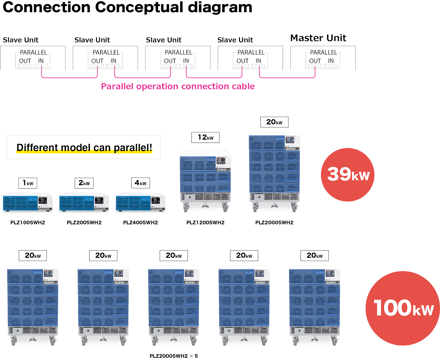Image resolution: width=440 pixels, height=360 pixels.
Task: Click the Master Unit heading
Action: (x=318, y=38)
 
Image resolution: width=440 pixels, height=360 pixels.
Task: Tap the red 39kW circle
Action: (x=347, y=174)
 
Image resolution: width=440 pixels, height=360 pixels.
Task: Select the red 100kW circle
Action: (x=402, y=308)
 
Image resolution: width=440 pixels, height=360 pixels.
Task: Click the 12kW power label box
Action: (x=205, y=137)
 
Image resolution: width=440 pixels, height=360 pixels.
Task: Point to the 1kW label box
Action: (x=28, y=183)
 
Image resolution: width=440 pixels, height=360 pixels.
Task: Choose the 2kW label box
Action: (x=84, y=183)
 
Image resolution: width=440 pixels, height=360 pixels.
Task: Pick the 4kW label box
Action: (x=141, y=183)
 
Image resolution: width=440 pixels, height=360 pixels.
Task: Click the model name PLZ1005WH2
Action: (x=28, y=222)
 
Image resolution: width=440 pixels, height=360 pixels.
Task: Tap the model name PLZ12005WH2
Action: (x=205, y=222)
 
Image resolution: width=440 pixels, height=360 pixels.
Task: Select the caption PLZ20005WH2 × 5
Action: (x=174, y=356)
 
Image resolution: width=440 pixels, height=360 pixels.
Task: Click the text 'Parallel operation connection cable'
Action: (x=178, y=86)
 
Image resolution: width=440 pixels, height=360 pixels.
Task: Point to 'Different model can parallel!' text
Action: (x=84, y=148)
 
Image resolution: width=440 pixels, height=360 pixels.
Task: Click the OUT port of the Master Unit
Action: (x=314, y=65)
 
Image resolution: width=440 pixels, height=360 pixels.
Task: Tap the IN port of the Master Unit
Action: (x=331, y=65)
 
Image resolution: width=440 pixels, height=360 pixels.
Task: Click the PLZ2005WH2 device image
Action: (x=84, y=202)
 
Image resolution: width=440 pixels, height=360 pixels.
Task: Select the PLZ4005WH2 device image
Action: (x=141, y=202)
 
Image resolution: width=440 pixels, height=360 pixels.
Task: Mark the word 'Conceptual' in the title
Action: (x=139, y=7)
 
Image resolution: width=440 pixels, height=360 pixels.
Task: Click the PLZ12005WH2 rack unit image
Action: (x=205, y=181)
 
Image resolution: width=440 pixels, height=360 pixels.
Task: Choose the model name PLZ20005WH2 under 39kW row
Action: (x=274, y=222)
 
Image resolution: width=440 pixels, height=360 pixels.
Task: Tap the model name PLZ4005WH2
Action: (x=141, y=222)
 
